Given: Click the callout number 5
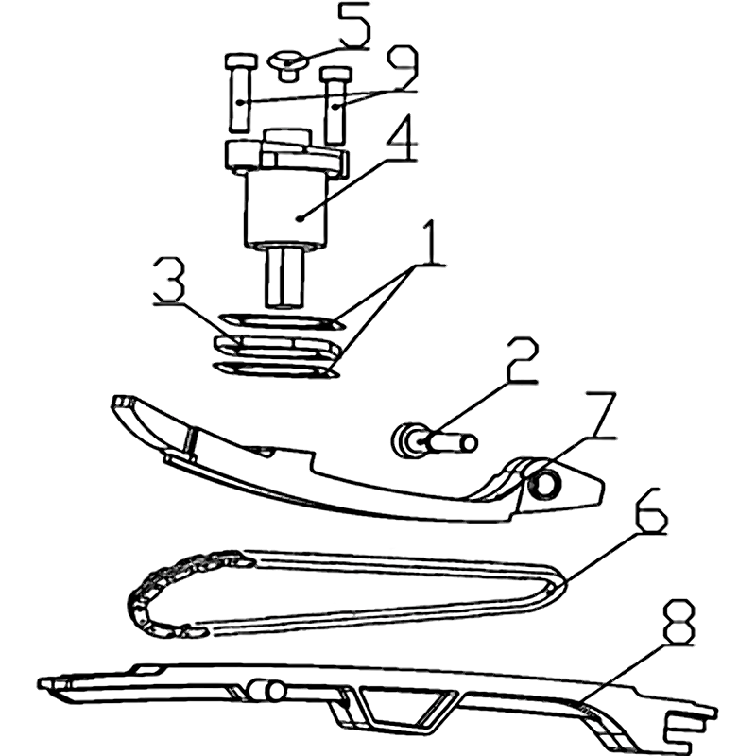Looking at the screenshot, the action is (352, 26).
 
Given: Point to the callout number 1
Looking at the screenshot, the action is (431, 241).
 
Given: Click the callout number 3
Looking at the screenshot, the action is (169, 279).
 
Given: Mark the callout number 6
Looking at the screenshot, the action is (651, 510).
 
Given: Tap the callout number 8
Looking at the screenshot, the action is (679, 622).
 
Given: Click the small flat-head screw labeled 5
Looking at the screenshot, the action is (288, 66).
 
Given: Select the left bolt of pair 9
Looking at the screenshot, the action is (240, 93).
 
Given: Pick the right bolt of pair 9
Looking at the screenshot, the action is (335, 106).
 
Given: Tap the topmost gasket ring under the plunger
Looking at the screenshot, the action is (282, 321).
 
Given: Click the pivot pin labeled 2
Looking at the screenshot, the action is (434, 441).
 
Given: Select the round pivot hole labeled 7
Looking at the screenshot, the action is (544, 483).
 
